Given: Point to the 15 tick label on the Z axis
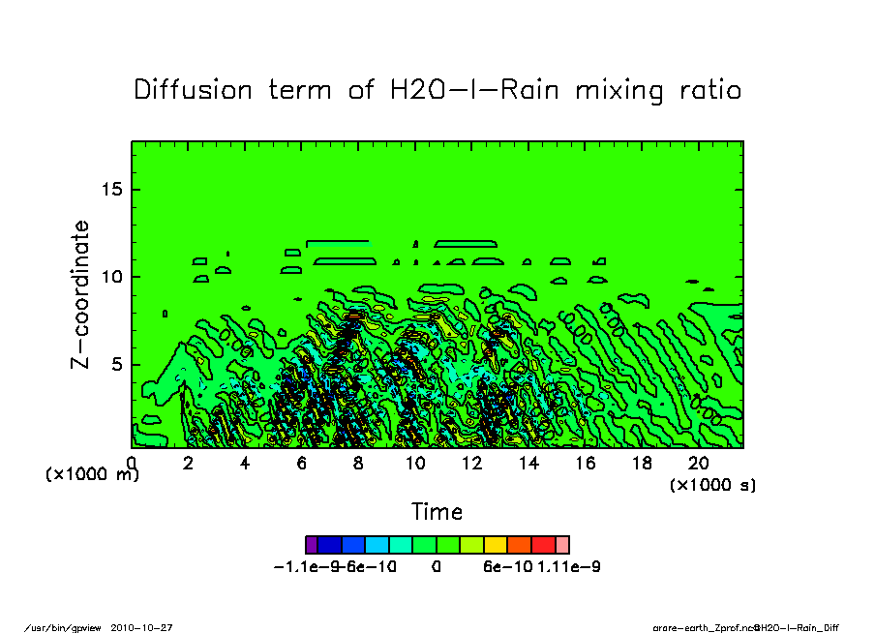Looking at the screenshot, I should [112, 189].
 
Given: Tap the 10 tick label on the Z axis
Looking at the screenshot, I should [112, 277].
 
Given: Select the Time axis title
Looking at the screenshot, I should [437, 512].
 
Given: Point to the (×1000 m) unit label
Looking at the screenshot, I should [92, 475].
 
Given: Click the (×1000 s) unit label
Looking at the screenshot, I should [712, 485].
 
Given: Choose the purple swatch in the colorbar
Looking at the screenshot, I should [311, 545].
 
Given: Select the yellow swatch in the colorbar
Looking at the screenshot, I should [495, 545].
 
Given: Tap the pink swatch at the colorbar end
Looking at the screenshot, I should [562, 545].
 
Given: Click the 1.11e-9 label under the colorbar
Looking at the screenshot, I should [569, 567].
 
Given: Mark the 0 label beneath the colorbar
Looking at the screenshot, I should [437, 567].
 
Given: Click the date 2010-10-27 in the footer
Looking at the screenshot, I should [148, 627].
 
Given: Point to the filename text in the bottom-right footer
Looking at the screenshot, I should [745, 627].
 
